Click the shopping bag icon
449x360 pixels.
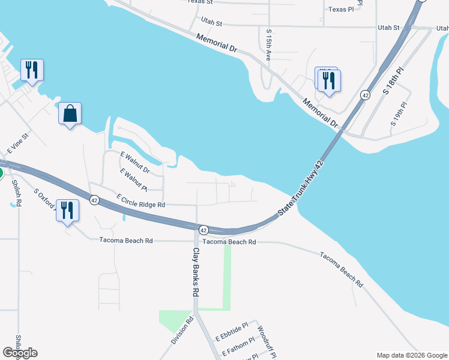point(70,113)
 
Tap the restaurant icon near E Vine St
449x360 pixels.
point(32,70)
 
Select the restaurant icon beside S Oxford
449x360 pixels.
point(67,211)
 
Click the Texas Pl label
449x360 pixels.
point(341,10)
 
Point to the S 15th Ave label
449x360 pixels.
point(268,44)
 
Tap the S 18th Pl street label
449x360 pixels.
point(394,80)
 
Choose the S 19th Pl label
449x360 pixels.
point(399,113)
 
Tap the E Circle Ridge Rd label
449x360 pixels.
point(140,200)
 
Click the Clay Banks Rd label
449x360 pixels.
point(195,273)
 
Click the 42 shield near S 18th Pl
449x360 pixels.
point(365,95)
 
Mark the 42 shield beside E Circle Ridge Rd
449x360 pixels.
point(94,200)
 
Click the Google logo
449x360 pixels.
point(20,353)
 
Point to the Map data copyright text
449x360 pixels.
point(411,355)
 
